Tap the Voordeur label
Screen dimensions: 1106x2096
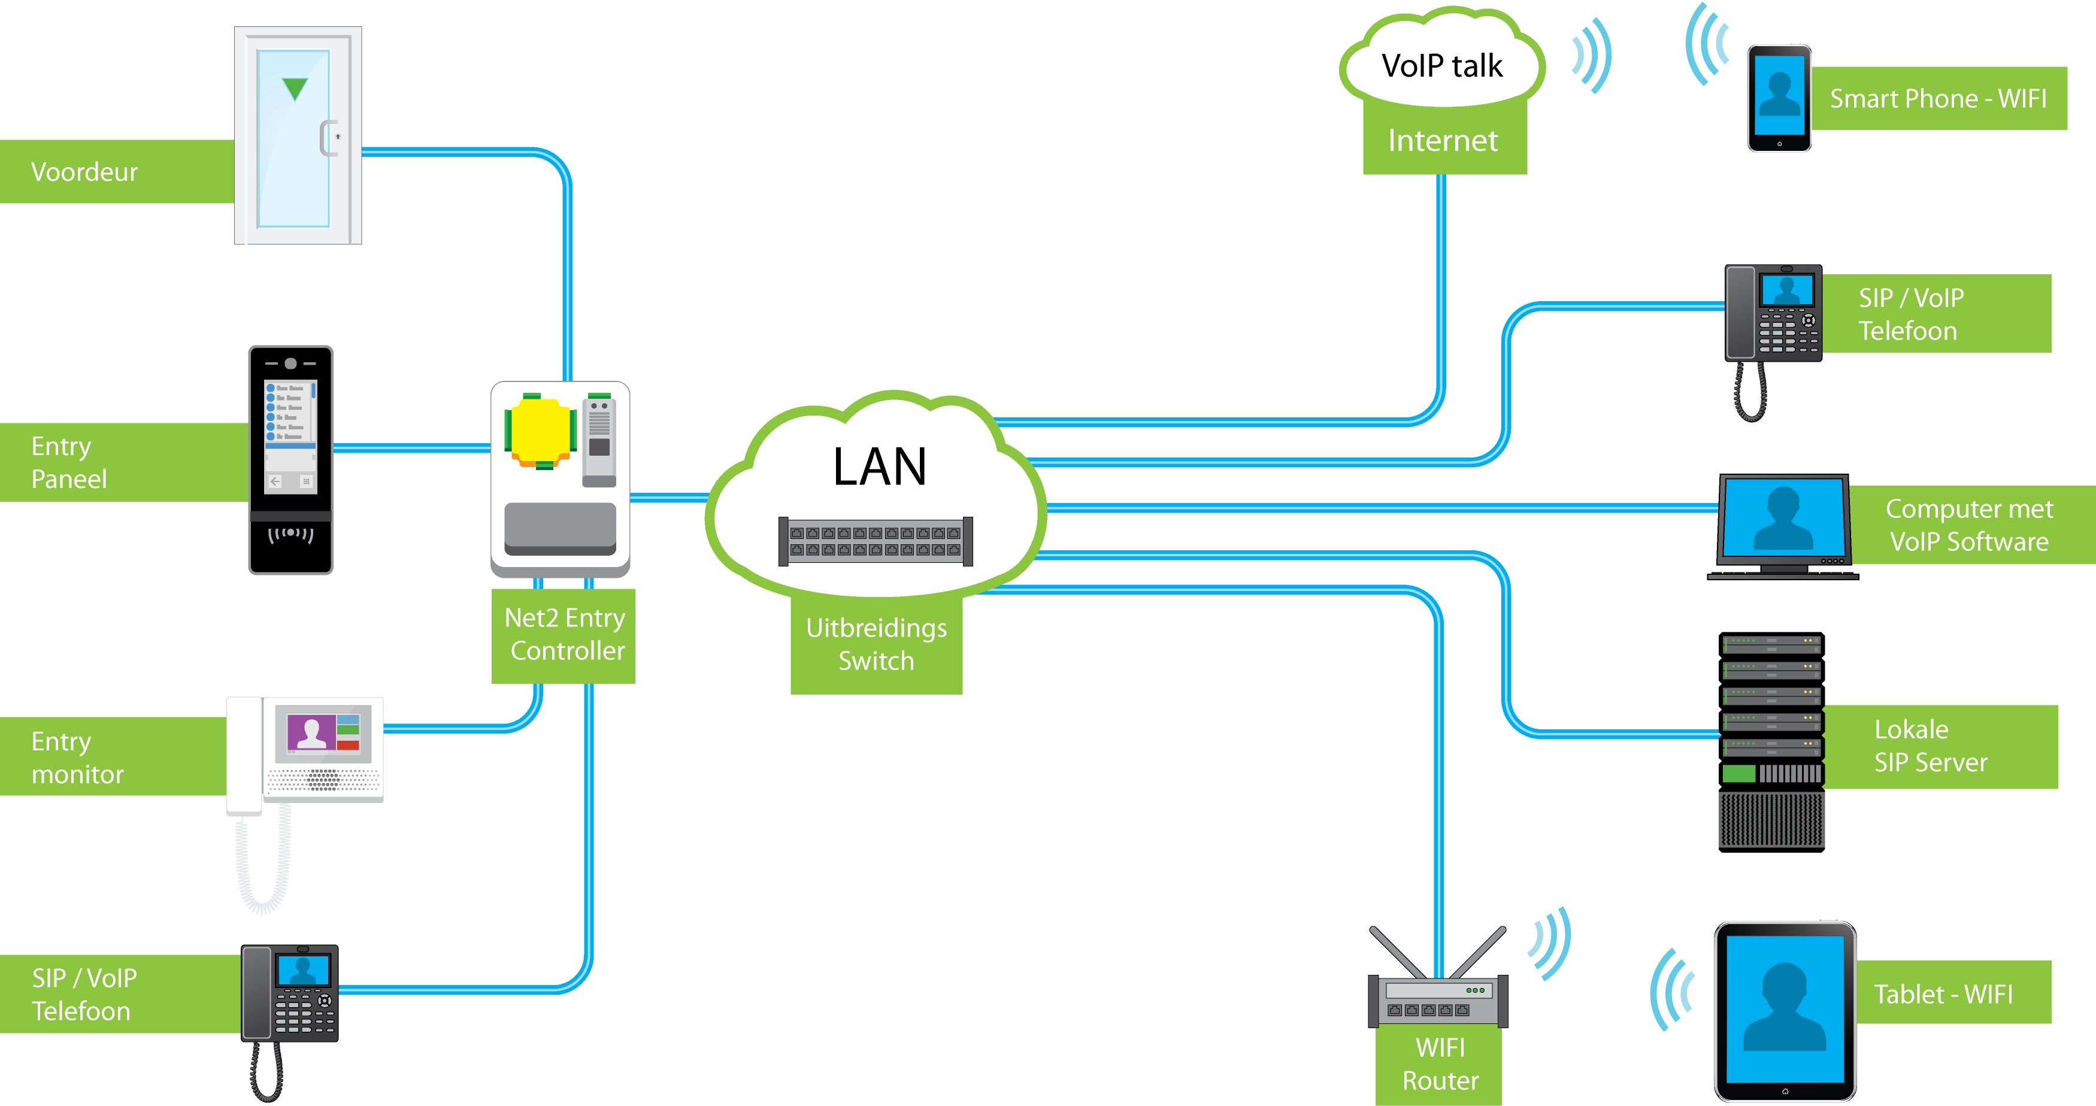pyautogui.click(x=84, y=172)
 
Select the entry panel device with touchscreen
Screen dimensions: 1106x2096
pyautogui.click(x=290, y=460)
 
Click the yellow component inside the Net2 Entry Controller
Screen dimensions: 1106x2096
pyautogui.click(x=540, y=431)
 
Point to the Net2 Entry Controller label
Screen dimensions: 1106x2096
pyautogui.click(x=565, y=635)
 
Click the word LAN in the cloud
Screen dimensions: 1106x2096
pyautogui.click(x=880, y=467)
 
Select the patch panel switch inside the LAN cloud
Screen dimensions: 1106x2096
pyautogui.click(x=876, y=541)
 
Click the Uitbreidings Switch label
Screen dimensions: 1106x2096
pyautogui.click(x=876, y=644)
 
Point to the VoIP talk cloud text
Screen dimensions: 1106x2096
pyautogui.click(x=1442, y=66)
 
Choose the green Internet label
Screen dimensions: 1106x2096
pyautogui.click(x=1443, y=141)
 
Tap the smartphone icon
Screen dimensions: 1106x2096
pyautogui.click(x=1779, y=98)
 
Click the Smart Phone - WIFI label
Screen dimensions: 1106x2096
pyautogui.click(x=1937, y=98)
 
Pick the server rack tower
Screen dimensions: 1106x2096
pyautogui.click(x=1771, y=741)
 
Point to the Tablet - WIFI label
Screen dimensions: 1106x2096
pyautogui.click(x=1944, y=993)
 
